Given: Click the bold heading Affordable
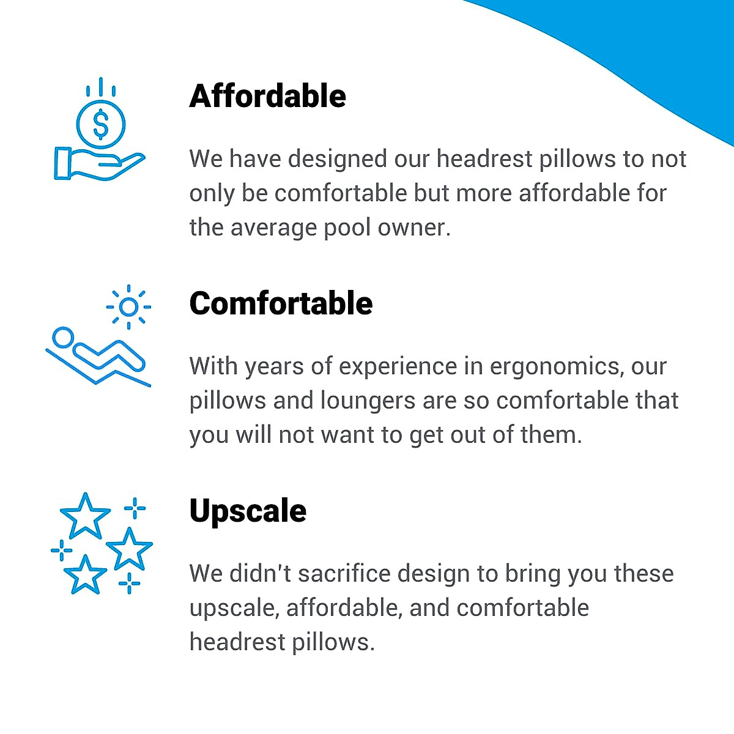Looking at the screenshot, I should [267, 96].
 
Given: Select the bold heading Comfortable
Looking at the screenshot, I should [281, 303].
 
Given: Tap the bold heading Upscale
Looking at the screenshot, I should [248, 511].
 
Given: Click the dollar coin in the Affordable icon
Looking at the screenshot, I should [101, 125].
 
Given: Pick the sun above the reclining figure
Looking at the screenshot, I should [128, 306].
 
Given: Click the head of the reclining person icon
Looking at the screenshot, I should [62, 337].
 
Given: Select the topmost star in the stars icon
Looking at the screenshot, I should [85, 516].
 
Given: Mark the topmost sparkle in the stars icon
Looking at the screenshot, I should [135, 508].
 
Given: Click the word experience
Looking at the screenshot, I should [398, 366].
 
